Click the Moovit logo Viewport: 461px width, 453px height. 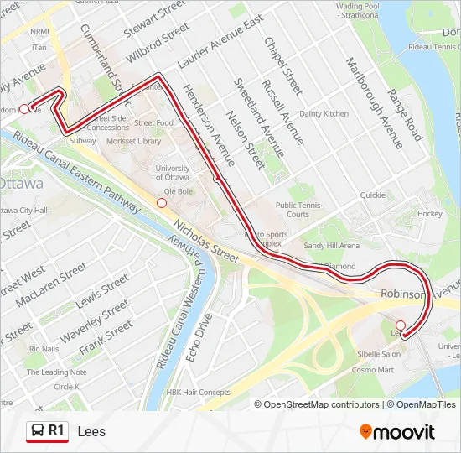397,432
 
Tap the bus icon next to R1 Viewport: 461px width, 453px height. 37,431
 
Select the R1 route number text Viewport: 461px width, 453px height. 57,430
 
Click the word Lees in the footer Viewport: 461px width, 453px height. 91,432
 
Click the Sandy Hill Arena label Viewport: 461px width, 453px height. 331,246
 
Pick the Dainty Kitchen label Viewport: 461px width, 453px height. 324,113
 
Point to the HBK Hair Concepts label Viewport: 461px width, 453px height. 198,392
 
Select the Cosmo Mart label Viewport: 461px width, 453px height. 372,369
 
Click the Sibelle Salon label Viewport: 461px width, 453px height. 378,355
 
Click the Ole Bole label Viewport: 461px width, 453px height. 179,191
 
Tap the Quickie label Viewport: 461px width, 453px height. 372,195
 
